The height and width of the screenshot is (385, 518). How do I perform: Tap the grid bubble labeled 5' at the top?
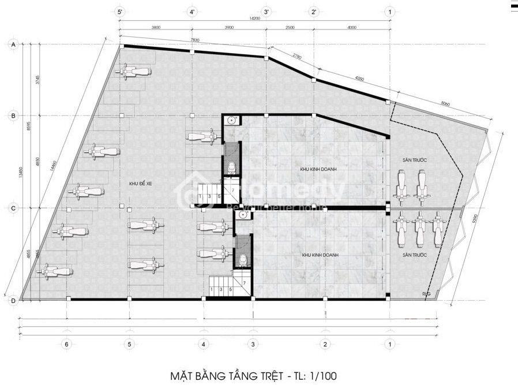[x=120, y=11]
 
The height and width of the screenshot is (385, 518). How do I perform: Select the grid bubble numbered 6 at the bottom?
[x=67, y=345]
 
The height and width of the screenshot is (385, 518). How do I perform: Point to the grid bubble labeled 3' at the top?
[x=266, y=11]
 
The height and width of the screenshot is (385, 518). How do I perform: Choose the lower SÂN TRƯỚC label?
[x=414, y=254]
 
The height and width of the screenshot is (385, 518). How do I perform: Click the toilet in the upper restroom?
[x=231, y=167]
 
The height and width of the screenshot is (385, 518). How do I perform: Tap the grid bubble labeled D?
[x=13, y=300]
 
